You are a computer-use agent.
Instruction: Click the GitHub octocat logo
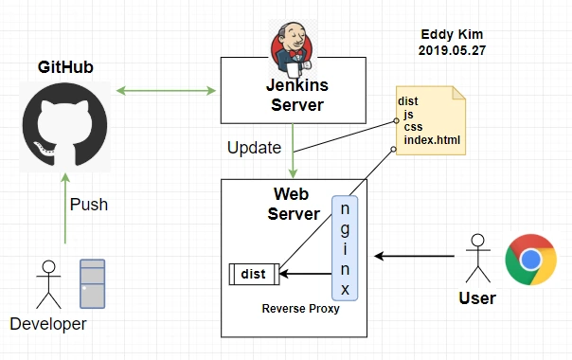tap(65, 125)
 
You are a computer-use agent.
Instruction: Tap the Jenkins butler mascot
tap(293, 48)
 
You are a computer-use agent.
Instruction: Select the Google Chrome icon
tap(530, 260)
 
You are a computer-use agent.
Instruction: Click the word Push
tap(89, 205)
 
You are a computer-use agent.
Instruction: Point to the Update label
tap(254, 148)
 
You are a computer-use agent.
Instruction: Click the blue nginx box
tap(345, 248)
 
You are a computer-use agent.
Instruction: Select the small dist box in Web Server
tap(254, 274)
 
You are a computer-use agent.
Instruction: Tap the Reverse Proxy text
tap(300, 309)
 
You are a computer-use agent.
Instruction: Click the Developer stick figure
tap(48, 284)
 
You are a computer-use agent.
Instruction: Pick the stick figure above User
tap(478, 259)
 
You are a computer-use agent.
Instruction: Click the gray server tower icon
tap(93, 283)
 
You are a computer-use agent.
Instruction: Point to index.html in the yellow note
tap(432, 140)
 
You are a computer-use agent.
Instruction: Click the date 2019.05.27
tap(452, 50)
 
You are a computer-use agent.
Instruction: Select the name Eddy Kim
tap(452, 35)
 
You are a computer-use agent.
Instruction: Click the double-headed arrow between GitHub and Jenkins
tap(166, 91)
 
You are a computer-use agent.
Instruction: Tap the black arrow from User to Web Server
tap(415, 257)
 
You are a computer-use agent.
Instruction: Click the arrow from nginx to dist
tap(305, 274)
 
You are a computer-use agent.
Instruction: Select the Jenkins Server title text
tap(297, 95)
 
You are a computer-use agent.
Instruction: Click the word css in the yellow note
tap(413, 127)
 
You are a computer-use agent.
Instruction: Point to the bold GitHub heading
tap(65, 67)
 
